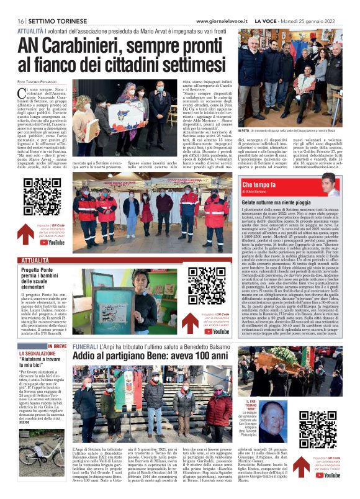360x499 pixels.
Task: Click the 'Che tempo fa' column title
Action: coord(261,185)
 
